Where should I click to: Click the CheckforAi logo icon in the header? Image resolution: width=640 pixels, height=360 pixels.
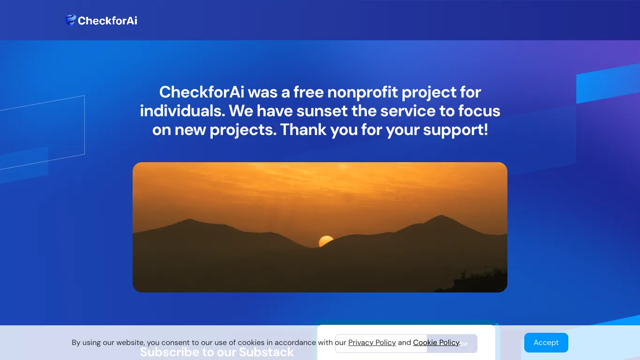tap(70, 20)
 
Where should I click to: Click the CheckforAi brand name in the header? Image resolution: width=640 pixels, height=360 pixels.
tap(107, 21)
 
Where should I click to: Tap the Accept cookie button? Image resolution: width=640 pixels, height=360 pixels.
tap(546, 343)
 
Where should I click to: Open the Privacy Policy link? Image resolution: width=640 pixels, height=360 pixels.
tap(372, 343)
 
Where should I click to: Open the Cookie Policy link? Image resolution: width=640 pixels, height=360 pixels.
tap(436, 343)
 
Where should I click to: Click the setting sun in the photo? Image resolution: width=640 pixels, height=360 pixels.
tap(326, 241)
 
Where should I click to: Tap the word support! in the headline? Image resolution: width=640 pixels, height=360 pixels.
tap(455, 130)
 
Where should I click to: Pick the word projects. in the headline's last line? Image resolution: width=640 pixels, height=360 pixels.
tap(243, 130)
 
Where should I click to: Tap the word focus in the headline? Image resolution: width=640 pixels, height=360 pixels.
tap(479, 111)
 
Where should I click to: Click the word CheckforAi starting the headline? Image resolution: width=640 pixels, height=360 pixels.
tap(201, 92)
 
